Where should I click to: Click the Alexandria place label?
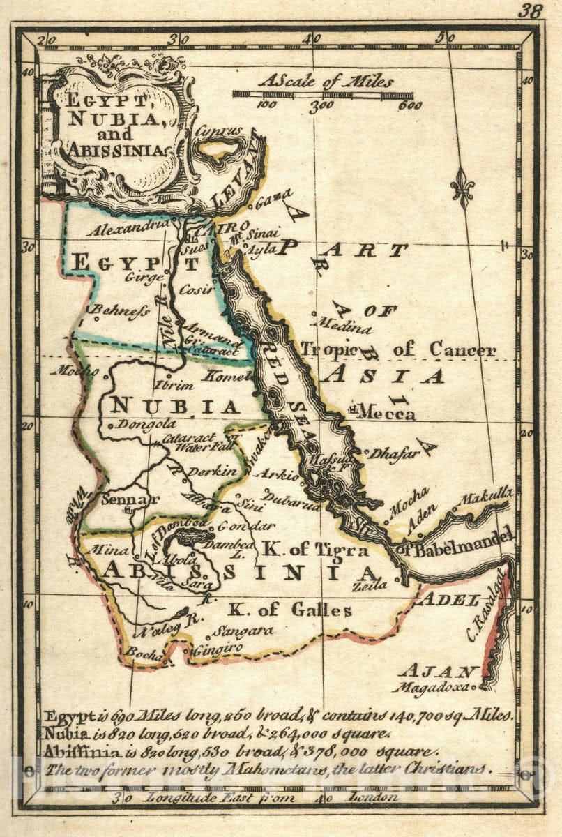tap(128, 227)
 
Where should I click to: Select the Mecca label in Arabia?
tap(387, 413)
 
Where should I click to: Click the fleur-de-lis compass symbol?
tap(462, 188)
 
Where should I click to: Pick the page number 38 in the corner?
tap(532, 10)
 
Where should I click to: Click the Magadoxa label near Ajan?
tap(432, 686)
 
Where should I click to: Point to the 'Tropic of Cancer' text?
tap(399, 349)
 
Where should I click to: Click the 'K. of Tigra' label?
tap(314, 550)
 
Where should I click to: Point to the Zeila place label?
tap(370, 586)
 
